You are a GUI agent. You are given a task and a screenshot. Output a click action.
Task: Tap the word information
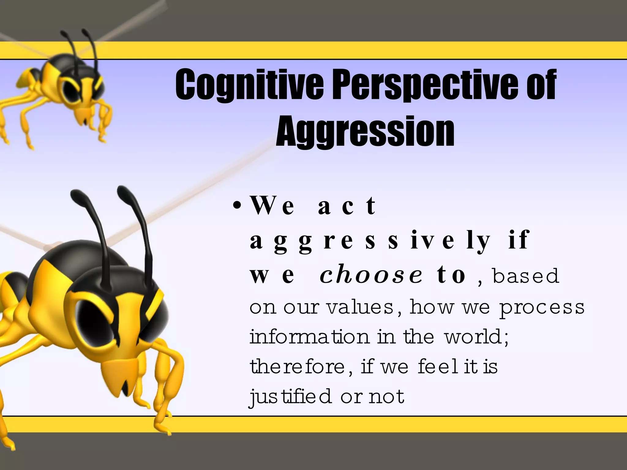(x=310, y=337)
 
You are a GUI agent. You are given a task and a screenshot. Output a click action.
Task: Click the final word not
(x=387, y=397)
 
